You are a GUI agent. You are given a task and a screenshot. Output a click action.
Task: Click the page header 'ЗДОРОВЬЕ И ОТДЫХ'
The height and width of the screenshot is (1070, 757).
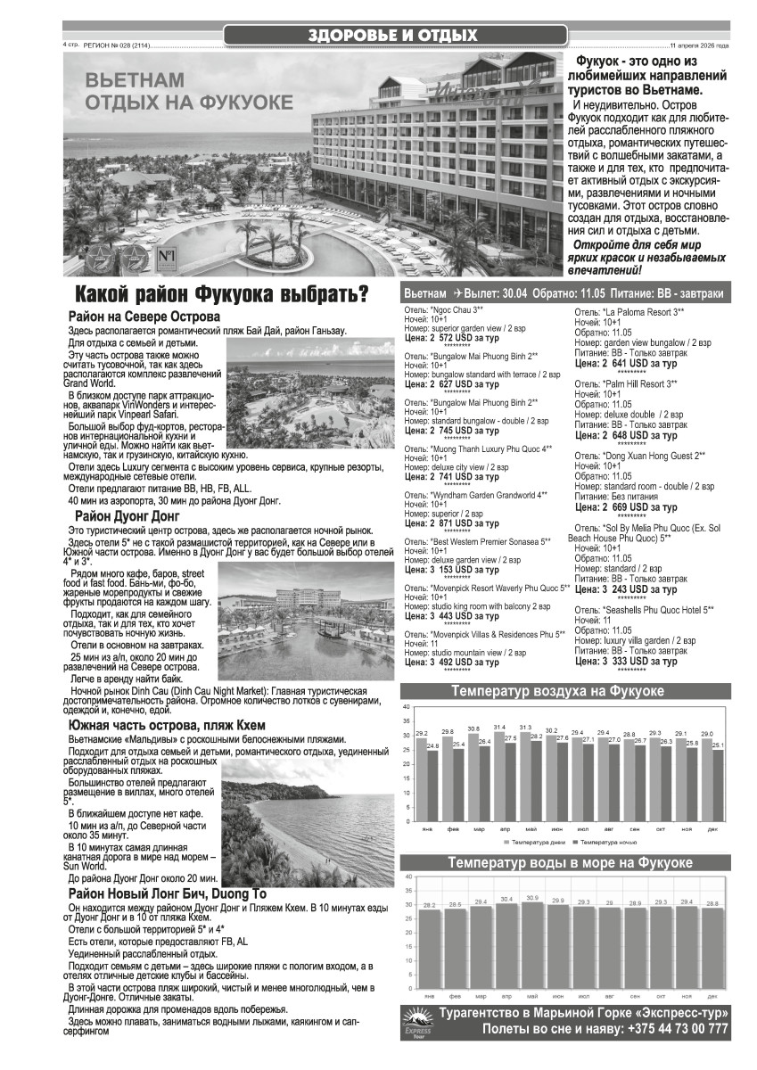pos(392,36)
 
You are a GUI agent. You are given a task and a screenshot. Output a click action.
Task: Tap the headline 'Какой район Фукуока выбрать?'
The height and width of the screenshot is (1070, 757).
pos(221,294)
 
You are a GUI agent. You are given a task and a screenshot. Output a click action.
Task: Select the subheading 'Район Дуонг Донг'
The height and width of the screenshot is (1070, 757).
pos(128,515)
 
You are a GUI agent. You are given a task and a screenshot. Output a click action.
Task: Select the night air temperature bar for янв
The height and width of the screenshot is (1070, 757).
pos(432,786)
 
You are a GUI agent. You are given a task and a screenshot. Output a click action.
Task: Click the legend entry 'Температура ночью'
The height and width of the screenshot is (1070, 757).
pos(607,842)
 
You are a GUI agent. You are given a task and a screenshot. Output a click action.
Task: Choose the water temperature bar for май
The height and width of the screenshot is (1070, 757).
pos(532,945)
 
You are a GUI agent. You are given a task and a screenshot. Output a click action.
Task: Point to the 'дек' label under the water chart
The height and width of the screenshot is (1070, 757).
pos(712,995)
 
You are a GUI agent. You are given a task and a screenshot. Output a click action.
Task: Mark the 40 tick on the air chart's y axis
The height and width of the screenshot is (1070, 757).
pos(407,707)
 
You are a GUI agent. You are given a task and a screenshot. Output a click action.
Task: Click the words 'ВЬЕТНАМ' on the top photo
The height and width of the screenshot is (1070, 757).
pos(135,80)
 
